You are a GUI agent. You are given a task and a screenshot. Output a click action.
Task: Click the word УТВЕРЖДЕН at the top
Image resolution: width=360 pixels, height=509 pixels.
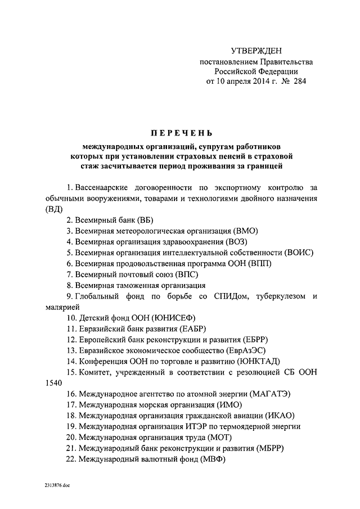pos(260,51)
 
